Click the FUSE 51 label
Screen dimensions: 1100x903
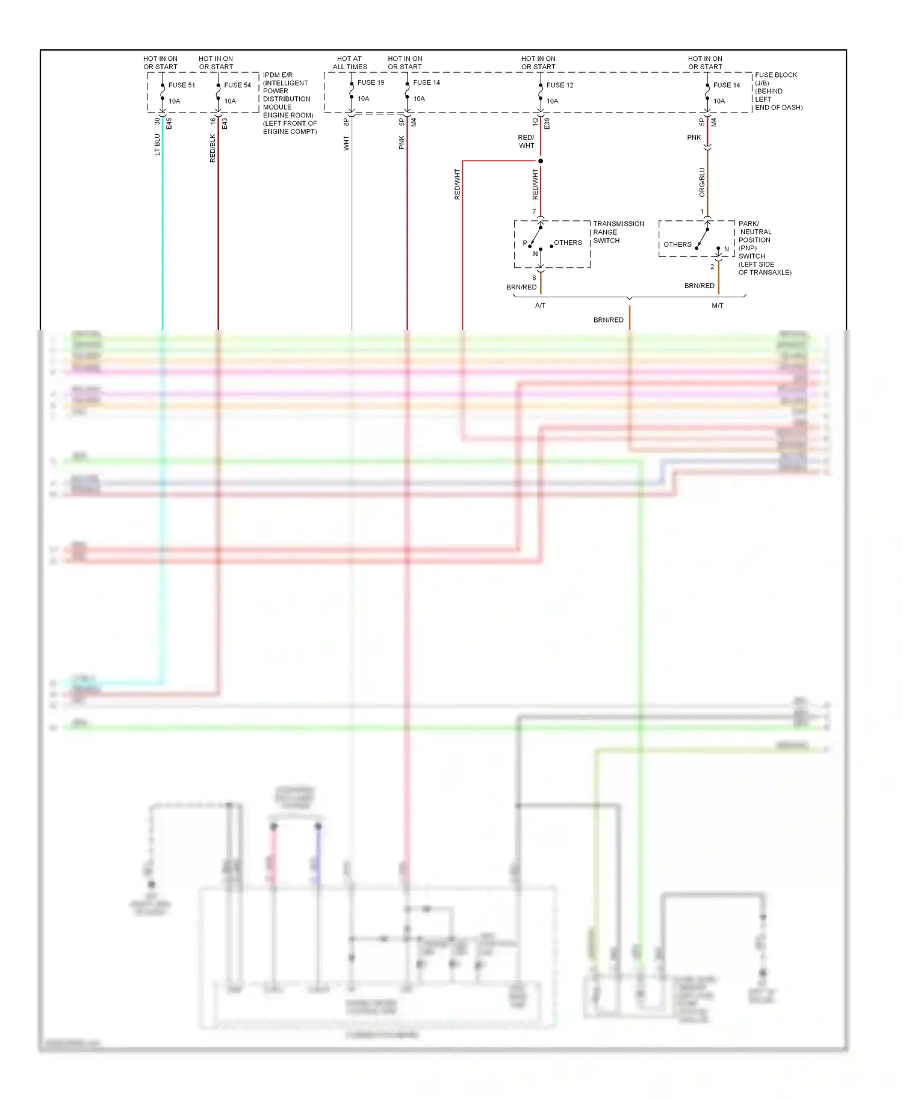click(181, 85)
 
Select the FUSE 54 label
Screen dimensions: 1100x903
click(237, 85)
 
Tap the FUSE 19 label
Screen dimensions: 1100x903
click(370, 82)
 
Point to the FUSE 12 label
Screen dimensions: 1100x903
click(559, 85)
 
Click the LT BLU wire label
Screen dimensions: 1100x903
click(158, 144)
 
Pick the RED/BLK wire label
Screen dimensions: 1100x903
click(213, 148)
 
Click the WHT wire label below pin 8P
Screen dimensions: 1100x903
click(346, 143)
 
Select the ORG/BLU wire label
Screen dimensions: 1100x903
click(702, 182)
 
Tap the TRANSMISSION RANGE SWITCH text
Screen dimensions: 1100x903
click(618, 232)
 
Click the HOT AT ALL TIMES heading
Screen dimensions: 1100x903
click(350, 63)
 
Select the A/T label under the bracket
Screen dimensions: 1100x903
click(540, 306)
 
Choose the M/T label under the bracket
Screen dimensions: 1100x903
click(717, 306)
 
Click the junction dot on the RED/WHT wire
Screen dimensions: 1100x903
click(541, 161)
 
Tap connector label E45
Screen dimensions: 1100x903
click(169, 123)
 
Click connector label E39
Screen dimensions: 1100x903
click(547, 123)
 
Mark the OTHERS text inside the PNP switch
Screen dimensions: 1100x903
click(677, 244)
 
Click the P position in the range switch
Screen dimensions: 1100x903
click(525, 243)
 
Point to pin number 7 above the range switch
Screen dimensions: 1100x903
click(534, 211)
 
